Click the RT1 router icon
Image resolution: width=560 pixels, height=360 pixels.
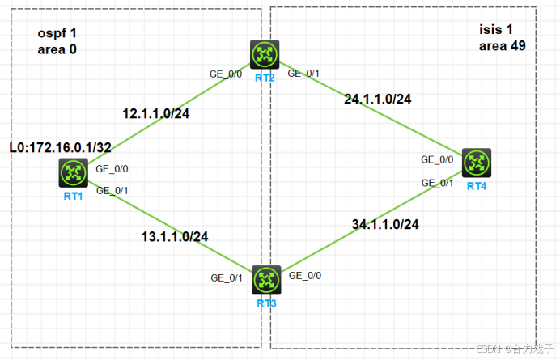coord(74,172)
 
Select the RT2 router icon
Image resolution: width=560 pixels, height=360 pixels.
coord(264,53)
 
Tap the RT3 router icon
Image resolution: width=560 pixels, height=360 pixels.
coord(265,280)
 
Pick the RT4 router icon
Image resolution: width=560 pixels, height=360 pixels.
coord(477,163)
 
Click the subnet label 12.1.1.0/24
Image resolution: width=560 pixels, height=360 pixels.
coord(155,113)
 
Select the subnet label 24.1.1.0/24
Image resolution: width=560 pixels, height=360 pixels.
coord(378,100)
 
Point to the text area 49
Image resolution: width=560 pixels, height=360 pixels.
coord(502,46)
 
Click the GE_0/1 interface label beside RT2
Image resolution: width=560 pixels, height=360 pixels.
coord(304,74)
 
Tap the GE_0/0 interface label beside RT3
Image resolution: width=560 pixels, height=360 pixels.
coord(305,276)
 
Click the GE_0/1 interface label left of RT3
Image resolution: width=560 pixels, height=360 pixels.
coord(227,277)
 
